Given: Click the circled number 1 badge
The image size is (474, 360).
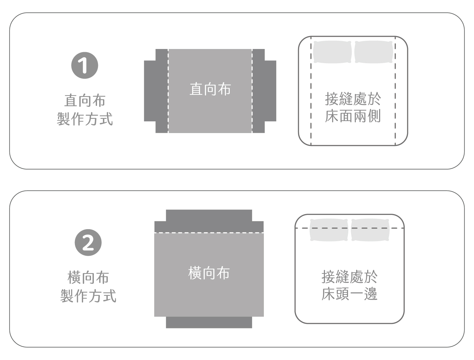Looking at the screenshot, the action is [x=85, y=65].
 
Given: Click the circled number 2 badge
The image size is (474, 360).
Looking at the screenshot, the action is [x=88, y=242].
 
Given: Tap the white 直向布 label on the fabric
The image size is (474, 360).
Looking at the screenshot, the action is [x=210, y=89].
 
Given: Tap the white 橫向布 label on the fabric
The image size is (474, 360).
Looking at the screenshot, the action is [x=209, y=273].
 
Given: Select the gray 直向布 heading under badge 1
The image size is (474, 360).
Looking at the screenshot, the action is [x=85, y=101].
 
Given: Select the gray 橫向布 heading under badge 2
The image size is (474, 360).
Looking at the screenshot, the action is [x=88, y=278].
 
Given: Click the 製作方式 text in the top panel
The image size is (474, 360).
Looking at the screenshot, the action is [x=85, y=119].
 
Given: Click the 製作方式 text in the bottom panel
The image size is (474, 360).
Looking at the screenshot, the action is [x=88, y=296].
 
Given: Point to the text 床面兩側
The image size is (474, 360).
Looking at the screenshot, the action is [x=353, y=116].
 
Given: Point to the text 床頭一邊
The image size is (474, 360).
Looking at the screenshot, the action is [x=349, y=294].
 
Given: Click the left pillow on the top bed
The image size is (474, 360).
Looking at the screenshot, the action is [x=332, y=52].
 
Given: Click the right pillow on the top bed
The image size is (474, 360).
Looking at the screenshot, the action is [x=374, y=52].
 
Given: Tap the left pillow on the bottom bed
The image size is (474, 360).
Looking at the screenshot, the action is [x=329, y=230].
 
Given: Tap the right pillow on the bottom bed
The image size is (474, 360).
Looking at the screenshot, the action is [x=370, y=230].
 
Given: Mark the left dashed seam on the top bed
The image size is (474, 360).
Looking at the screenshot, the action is [x=311, y=91].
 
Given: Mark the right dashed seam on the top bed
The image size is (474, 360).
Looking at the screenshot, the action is [x=395, y=91].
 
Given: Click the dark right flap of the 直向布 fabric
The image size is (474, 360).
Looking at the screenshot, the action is [x=264, y=91].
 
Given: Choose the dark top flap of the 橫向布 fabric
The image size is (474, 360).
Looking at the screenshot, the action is [x=209, y=221].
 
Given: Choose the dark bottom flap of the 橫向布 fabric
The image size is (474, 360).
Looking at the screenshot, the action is [x=209, y=322].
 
